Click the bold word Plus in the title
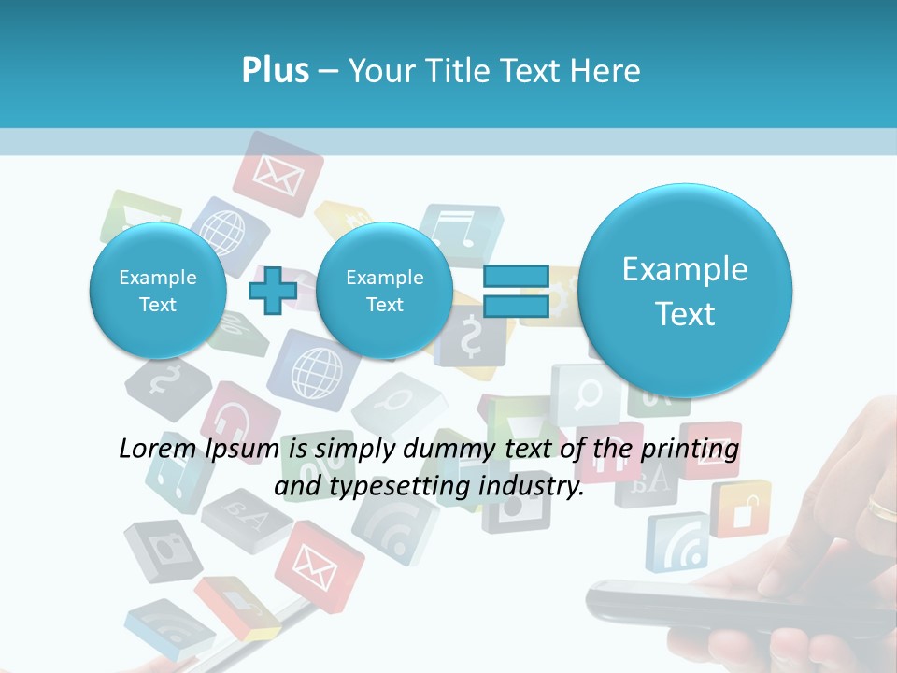pyautogui.click(x=275, y=71)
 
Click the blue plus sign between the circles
pyautogui.click(x=273, y=290)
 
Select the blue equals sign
pyautogui.click(x=515, y=290)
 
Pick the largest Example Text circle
pyautogui.click(x=685, y=290)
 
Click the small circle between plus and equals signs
pyautogui.click(x=384, y=290)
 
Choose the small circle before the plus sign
pyautogui.click(x=157, y=290)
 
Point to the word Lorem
pyautogui.click(x=155, y=449)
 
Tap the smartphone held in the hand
pyautogui.click(x=710, y=603)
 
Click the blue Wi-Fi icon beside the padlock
pyautogui.click(x=679, y=543)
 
